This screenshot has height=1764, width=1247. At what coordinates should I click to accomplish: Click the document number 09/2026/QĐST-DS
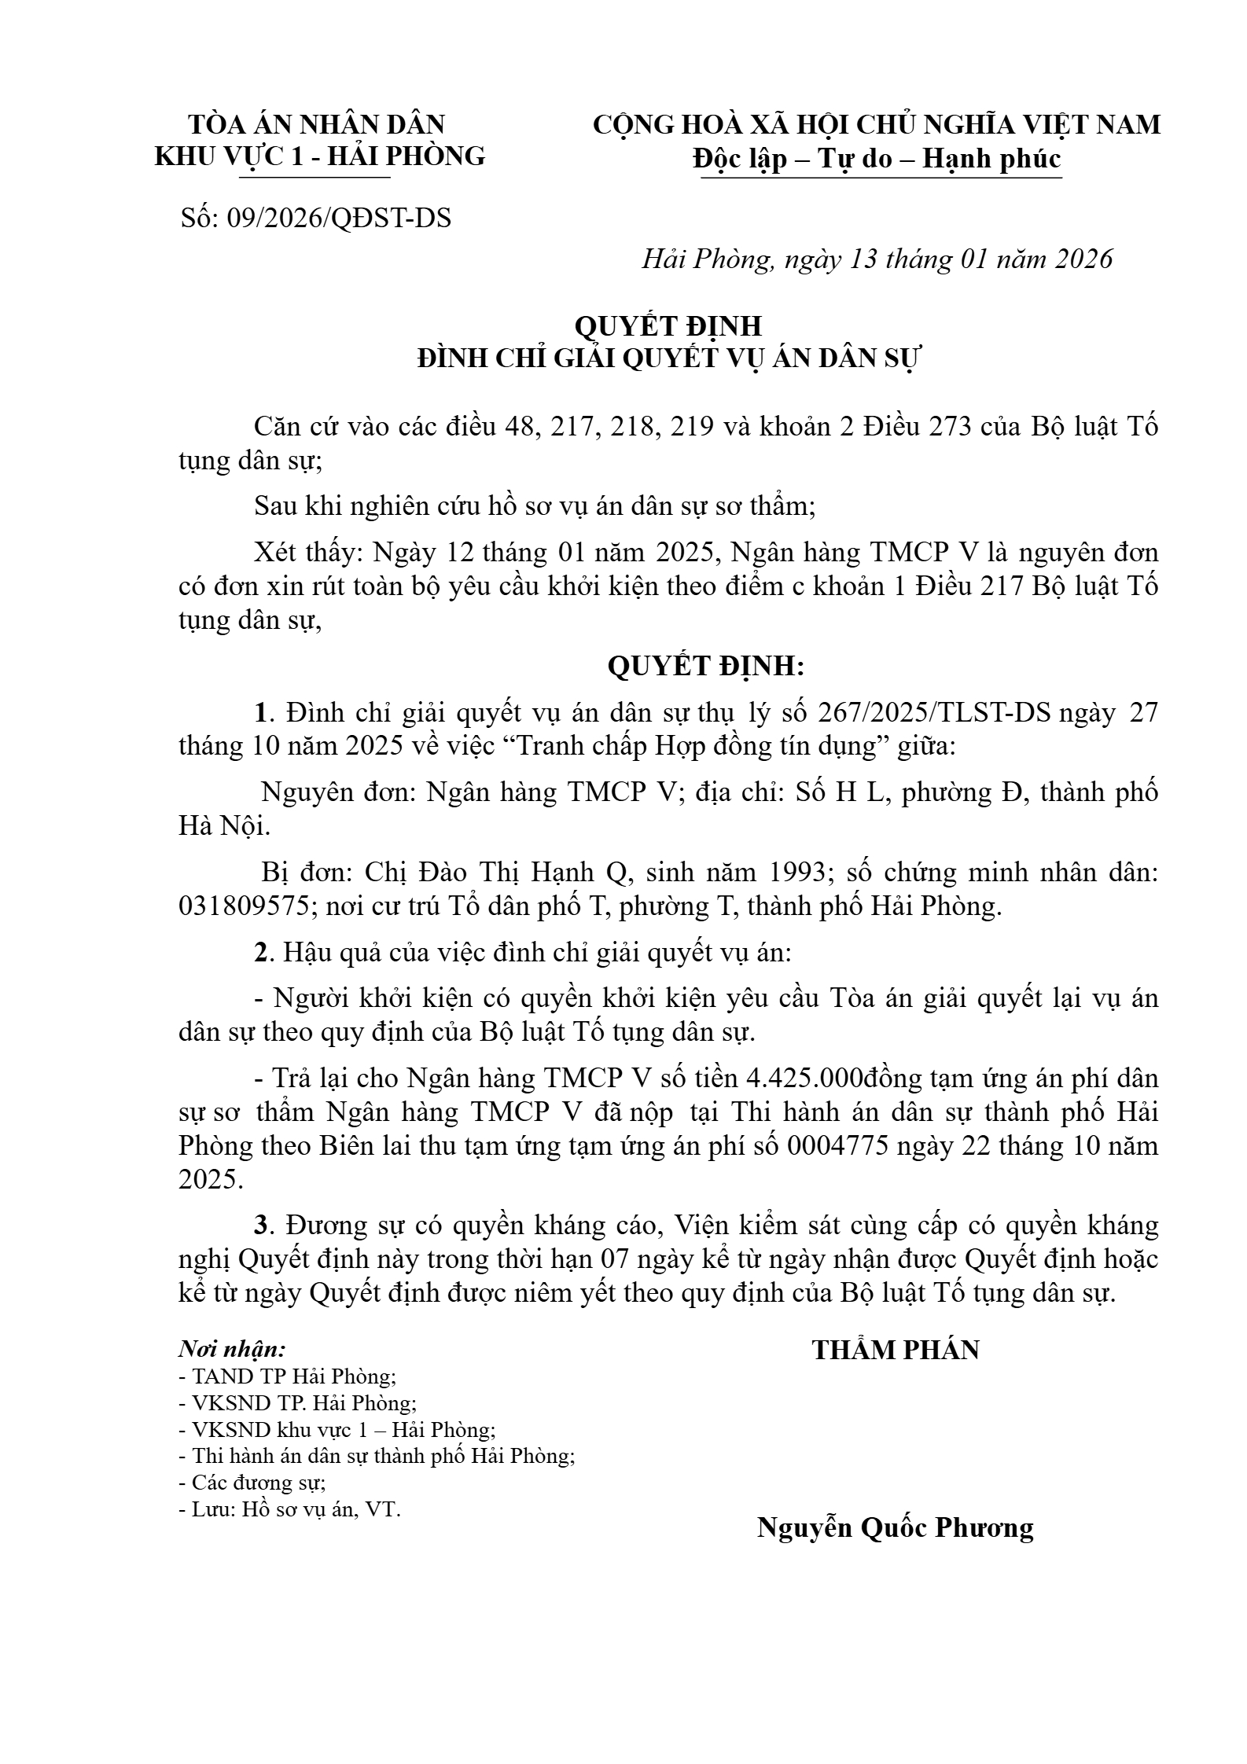[338, 218]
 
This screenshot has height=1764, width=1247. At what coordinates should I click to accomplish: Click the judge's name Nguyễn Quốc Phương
[895, 1527]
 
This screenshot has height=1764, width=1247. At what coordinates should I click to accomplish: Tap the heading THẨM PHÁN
[896, 1350]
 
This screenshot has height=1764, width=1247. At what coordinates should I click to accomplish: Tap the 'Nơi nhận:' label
[233, 1350]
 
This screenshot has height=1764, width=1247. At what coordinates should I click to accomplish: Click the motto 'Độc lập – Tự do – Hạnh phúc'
[877, 159]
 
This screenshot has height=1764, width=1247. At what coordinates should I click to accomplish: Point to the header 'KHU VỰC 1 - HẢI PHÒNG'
[320, 156]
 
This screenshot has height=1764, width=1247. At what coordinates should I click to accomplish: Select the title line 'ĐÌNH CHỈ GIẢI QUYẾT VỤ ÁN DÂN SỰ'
[668, 358]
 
